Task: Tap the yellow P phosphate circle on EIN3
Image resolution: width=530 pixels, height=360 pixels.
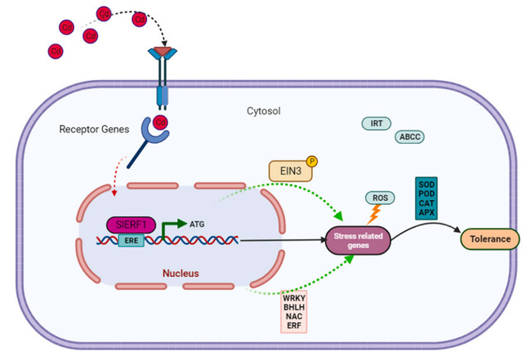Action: pos(310,162)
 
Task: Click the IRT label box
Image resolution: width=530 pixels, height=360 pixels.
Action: pos(376,123)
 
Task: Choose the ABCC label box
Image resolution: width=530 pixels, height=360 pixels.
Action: pos(408,138)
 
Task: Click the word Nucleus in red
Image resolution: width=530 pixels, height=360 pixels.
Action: pos(187,270)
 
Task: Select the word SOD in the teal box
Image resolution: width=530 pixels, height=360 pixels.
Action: pos(427,182)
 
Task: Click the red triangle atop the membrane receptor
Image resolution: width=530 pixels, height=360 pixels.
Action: pos(164,52)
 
